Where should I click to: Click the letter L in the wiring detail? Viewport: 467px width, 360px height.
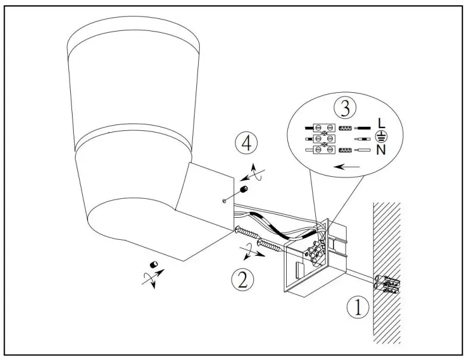point(381,123)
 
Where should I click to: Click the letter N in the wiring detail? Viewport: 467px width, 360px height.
point(381,150)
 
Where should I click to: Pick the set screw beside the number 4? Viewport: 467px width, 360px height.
point(243,190)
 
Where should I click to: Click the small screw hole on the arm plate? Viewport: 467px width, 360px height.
point(222,201)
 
